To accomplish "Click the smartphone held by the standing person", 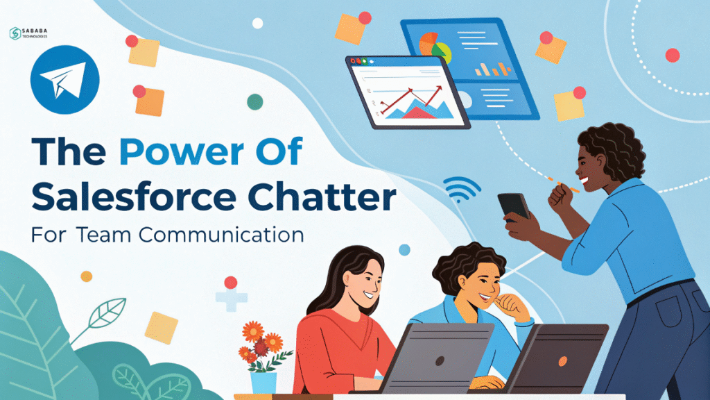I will (x=514, y=206).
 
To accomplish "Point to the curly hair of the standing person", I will (x=610, y=149).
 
